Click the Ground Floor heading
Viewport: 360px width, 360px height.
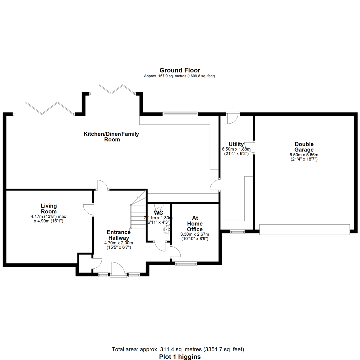coord(180,70)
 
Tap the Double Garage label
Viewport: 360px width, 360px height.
coord(304,147)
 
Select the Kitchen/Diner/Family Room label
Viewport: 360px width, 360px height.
coord(111,137)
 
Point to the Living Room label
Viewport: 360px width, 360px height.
coord(49,209)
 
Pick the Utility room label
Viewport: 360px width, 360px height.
coord(236,144)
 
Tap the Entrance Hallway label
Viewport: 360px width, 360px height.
coord(118,235)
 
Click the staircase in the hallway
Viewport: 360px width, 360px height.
coord(137,213)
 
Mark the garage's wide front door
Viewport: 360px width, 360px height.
coord(304,230)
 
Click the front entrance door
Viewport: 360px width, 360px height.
coord(118,270)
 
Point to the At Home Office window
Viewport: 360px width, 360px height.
coord(186,264)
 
